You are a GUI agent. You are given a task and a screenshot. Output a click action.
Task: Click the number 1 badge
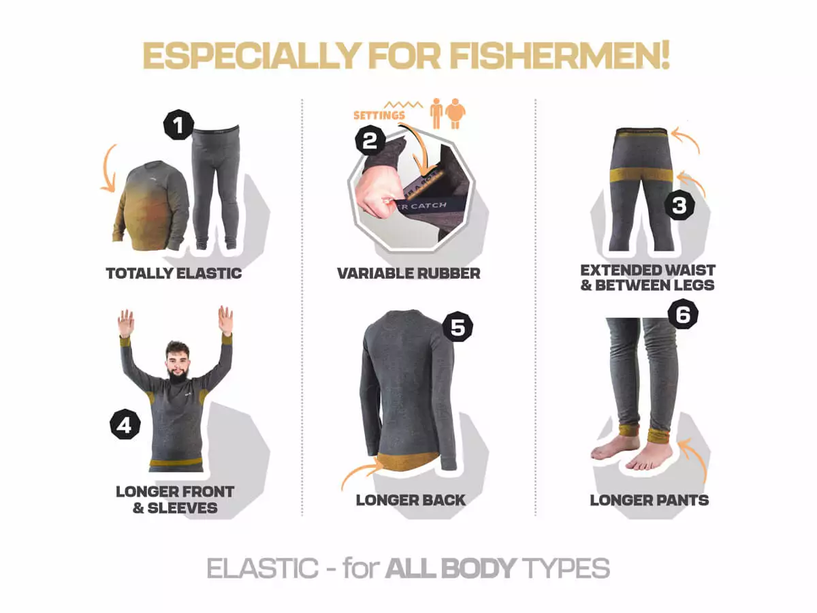pyautogui.click(x=178, y=125)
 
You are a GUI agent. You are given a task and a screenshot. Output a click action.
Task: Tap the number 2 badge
pyautogui.click(x=370, y=140)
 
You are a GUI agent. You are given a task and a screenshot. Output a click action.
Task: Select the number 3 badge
pyautogui.click(x=679, y=204)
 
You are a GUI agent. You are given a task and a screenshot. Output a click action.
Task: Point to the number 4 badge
pyautogui.click(x=125, y=424)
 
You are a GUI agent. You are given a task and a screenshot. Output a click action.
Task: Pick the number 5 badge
pyautogui.click(x=458, y=327)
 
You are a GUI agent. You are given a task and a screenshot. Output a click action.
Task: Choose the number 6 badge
pyautogui.click(x=683, y=314)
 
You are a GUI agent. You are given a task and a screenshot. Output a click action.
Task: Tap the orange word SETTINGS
pyautogui.click(x=379, y=115)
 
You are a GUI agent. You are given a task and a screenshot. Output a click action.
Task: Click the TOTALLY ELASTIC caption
pyautogui.click(x=174, y=273)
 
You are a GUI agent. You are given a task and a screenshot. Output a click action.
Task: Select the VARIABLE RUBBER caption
pyautogui.click(x=408, y=273)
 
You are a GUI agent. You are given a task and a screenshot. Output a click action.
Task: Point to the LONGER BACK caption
pyautogui.click(x=411, y=500)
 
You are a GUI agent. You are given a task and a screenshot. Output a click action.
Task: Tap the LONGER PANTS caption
pyautogui.click(x=650, y=500)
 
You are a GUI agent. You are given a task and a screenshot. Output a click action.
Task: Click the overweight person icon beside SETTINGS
pyautogui.click(x=455, y=114)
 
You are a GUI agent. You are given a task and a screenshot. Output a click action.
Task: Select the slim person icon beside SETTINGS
pyautogui.click(x=436, y=114)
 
